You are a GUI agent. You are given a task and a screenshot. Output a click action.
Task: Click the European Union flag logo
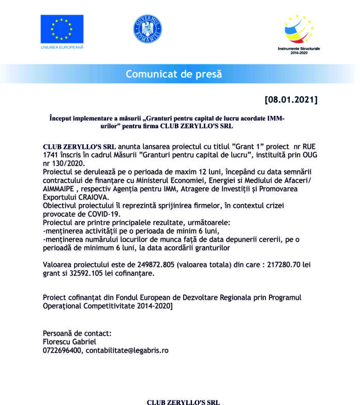(62, 29)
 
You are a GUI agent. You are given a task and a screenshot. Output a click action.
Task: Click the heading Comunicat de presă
(174, 74)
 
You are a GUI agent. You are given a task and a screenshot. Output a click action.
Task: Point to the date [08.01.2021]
(291, 99)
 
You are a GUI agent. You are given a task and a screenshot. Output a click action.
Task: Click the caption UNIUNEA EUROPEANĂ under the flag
(62, 48)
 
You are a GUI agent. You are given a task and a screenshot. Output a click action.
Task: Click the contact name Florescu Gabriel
(69, 341)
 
